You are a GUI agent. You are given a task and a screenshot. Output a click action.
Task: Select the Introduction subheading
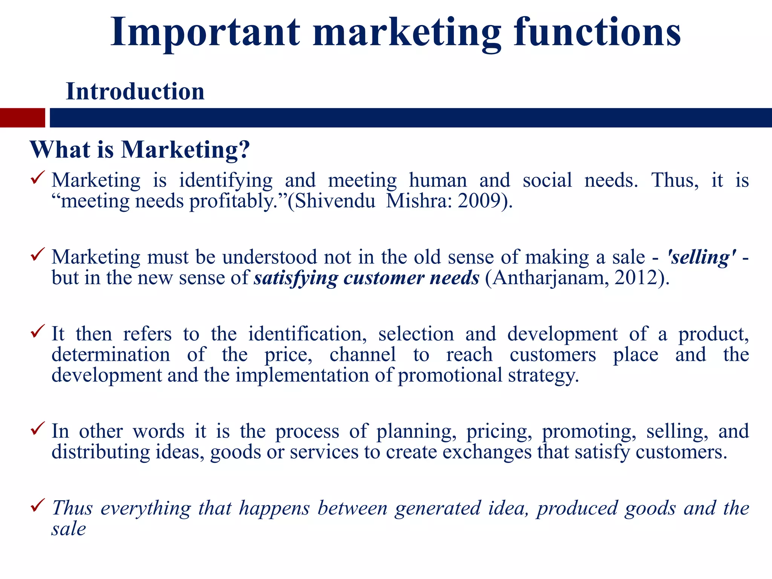135,92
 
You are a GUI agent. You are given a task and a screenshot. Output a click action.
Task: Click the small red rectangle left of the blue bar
22,118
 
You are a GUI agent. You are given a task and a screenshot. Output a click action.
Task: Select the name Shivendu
335,201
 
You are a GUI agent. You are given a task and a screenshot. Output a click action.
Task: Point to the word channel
363,355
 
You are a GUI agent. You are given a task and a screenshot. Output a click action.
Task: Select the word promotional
450,375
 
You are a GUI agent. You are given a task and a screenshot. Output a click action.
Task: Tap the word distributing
101,452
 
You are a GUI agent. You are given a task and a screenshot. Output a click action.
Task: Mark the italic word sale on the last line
69,529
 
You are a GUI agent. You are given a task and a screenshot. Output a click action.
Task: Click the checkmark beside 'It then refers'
38,331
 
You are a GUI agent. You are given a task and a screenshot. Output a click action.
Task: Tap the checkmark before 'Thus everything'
38,505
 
